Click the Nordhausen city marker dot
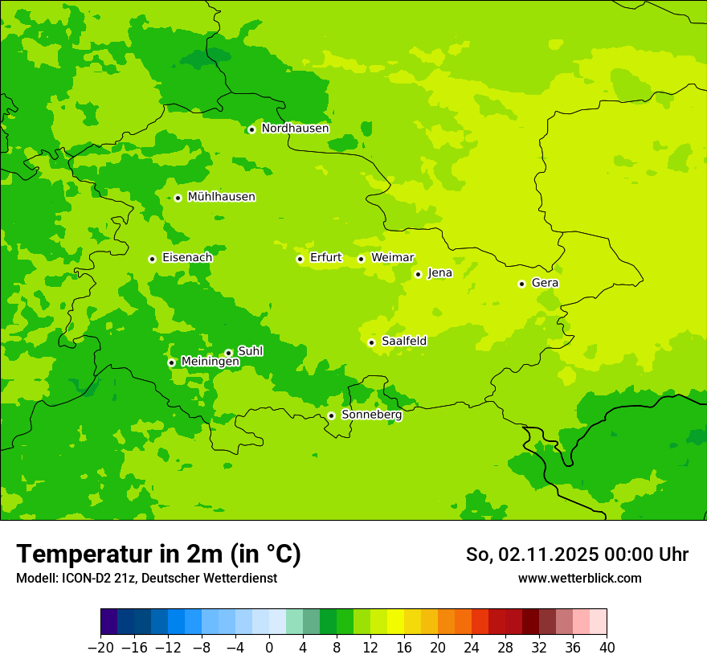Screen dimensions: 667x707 251,129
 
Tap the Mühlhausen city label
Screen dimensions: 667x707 221,197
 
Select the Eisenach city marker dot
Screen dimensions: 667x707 152,259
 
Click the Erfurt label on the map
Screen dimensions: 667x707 325,258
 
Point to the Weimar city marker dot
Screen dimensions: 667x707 361,259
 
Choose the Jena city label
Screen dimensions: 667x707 439,273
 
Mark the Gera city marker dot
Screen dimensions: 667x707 521,284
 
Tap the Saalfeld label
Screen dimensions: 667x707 403,342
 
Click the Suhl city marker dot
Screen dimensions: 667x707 228,353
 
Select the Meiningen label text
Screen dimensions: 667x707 210,362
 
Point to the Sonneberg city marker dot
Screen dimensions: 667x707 331,415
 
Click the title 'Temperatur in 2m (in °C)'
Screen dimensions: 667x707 158,554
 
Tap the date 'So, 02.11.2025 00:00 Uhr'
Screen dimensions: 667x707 577,555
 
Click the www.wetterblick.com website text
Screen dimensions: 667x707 579,579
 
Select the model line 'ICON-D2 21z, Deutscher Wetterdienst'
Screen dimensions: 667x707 145,579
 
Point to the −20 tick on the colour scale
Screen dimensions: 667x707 100,647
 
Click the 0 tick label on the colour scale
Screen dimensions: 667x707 269,647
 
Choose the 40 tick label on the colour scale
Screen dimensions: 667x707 607,647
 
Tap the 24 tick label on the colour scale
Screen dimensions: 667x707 472,647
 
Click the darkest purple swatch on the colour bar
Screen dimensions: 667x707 108,622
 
